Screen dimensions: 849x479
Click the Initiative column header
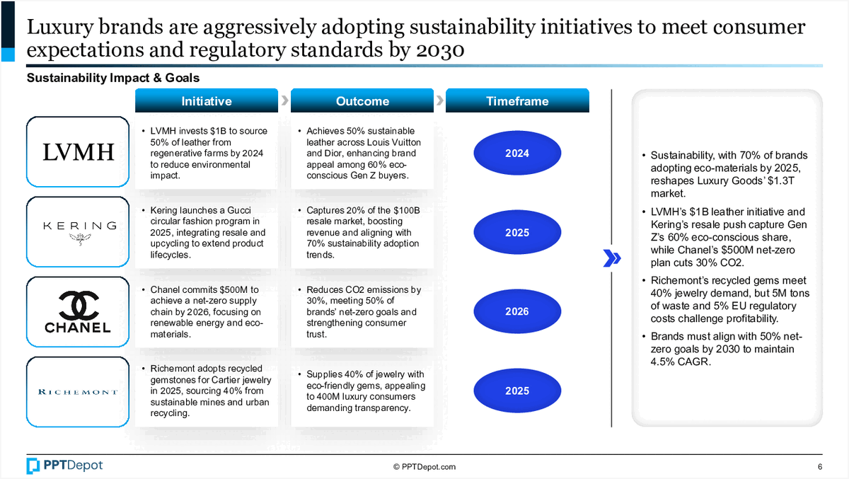pyautogui.click(x=207, y=100)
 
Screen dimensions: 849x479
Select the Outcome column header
pyautogui.click(x=362, y=100)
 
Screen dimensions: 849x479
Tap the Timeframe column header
pyautogui.click(x=517, y=100)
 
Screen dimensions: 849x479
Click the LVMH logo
pyautogui.click(x=78, y=152)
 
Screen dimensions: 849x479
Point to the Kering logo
pyautogui.click(x=79, y=232)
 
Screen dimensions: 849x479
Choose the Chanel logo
pyautogui.click(x=78, y=311)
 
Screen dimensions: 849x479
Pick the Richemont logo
pyautogui.click(x=78, y=392)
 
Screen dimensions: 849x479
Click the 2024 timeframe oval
pyautogui.click(x=517, y=153)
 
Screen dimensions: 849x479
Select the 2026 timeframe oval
pyautogui.click(x=517, y=311)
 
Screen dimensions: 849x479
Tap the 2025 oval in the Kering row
pyautogui.click(x=517, y=232)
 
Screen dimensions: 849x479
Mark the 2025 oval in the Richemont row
pyautogui.click(x=517, y=391)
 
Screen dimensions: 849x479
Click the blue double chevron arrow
pyautogui.click(x=612, y=258)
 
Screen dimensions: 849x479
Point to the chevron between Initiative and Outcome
pyautogui.click(x=284, y=100)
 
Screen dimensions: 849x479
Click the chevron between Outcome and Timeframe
pyautogui.click(x=439, y=100)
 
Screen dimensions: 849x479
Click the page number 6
pyautogui.click(x=820, y=467)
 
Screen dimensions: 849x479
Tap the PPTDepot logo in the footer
pyautogui.click(x=64, y=466)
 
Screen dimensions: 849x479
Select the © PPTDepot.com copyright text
pyautogui.click(x=424, y=467)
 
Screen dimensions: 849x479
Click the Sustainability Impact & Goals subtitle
pyautogui.click(x=113, y=78)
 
